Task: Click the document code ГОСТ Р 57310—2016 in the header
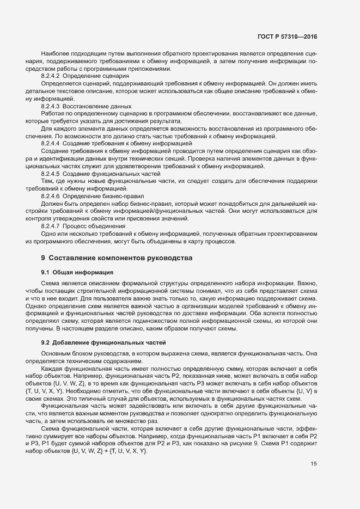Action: click(286, 36)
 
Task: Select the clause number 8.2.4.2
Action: click(51, 76)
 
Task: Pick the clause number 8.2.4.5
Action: click(51, 173)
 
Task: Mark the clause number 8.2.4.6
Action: click(51, 195)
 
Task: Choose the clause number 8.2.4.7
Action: click(51, 225)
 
